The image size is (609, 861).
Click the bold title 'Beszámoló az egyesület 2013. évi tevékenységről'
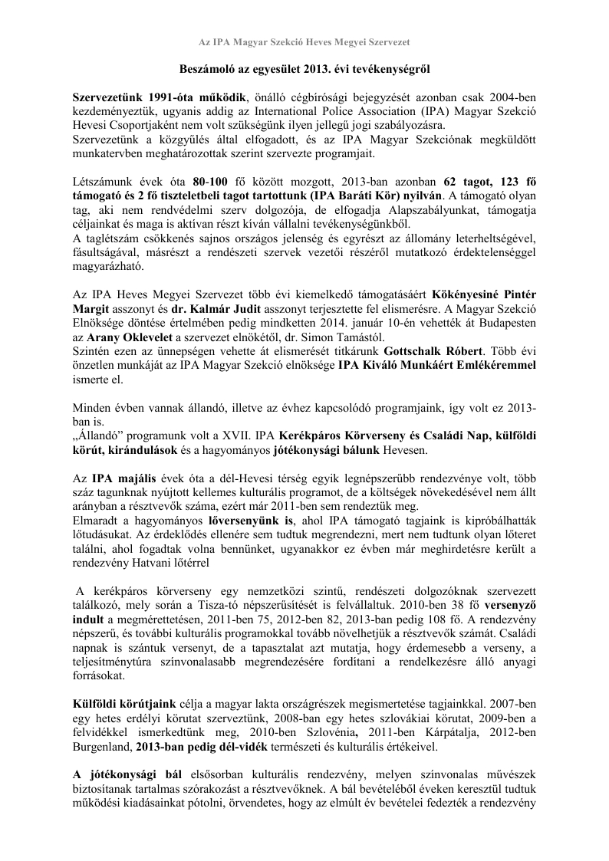pyautogui.click(x=304, y=69)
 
